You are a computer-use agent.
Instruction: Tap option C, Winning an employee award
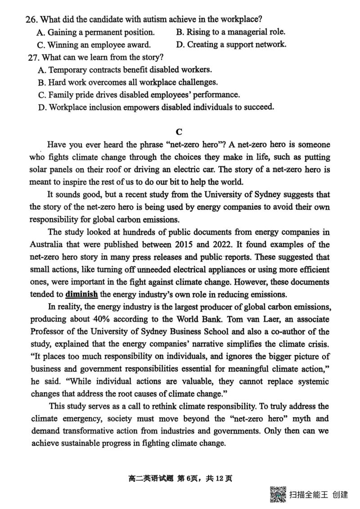click(94, 45)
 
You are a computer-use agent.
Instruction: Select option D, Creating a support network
click(231, 45)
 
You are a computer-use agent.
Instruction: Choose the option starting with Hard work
click(128, 82)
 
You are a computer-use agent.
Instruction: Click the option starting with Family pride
click(139, 95)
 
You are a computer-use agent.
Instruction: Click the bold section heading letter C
click(179, 132)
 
